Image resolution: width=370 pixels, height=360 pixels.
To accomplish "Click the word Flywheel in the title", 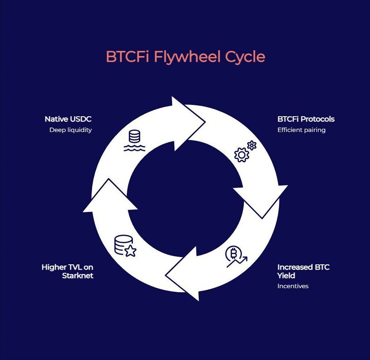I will [187, 57].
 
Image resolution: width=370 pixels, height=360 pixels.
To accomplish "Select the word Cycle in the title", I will [245, 57].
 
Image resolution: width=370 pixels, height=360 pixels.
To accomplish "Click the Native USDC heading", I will [68, 119].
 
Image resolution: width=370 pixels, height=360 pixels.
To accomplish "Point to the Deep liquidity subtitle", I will [71, 130].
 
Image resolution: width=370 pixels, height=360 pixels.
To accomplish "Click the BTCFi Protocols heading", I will [306, 119].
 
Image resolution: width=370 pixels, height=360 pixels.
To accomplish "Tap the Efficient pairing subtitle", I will [301, 130].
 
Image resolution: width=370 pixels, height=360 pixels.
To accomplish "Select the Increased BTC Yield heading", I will [303, 271].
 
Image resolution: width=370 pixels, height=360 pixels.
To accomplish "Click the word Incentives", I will [293, 286].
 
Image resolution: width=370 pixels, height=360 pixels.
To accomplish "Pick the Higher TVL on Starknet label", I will [67, 272].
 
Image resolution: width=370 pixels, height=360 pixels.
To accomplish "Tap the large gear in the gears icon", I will [242, 155].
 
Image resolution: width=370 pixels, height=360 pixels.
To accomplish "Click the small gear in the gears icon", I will [252, 145].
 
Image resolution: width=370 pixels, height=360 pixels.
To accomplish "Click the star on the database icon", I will [130, 251].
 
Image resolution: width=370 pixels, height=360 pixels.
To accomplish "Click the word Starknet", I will [78, 276].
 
